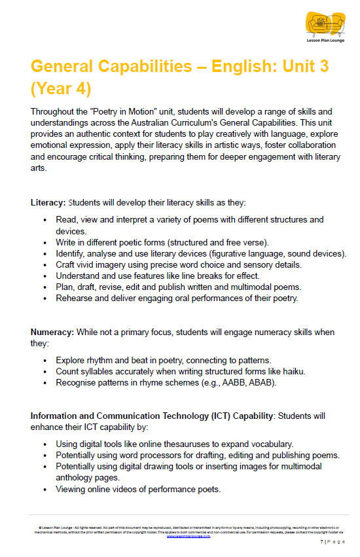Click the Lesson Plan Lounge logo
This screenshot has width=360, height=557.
[x=325, y=27]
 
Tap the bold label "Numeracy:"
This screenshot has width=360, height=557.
[x=52, y=332]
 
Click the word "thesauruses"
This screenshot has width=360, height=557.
[x=186, y=444]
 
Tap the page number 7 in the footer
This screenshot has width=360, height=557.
[x=321, y=542]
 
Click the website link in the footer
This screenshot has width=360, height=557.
[x=179, y=535]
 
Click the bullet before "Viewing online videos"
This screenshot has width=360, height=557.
[x=45, y=489]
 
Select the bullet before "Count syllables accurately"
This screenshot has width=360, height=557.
[x=45, y=371]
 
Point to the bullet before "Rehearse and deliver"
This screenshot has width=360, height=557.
[x=45, y=298]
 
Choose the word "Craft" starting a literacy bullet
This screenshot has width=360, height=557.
[x=66, y=264]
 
